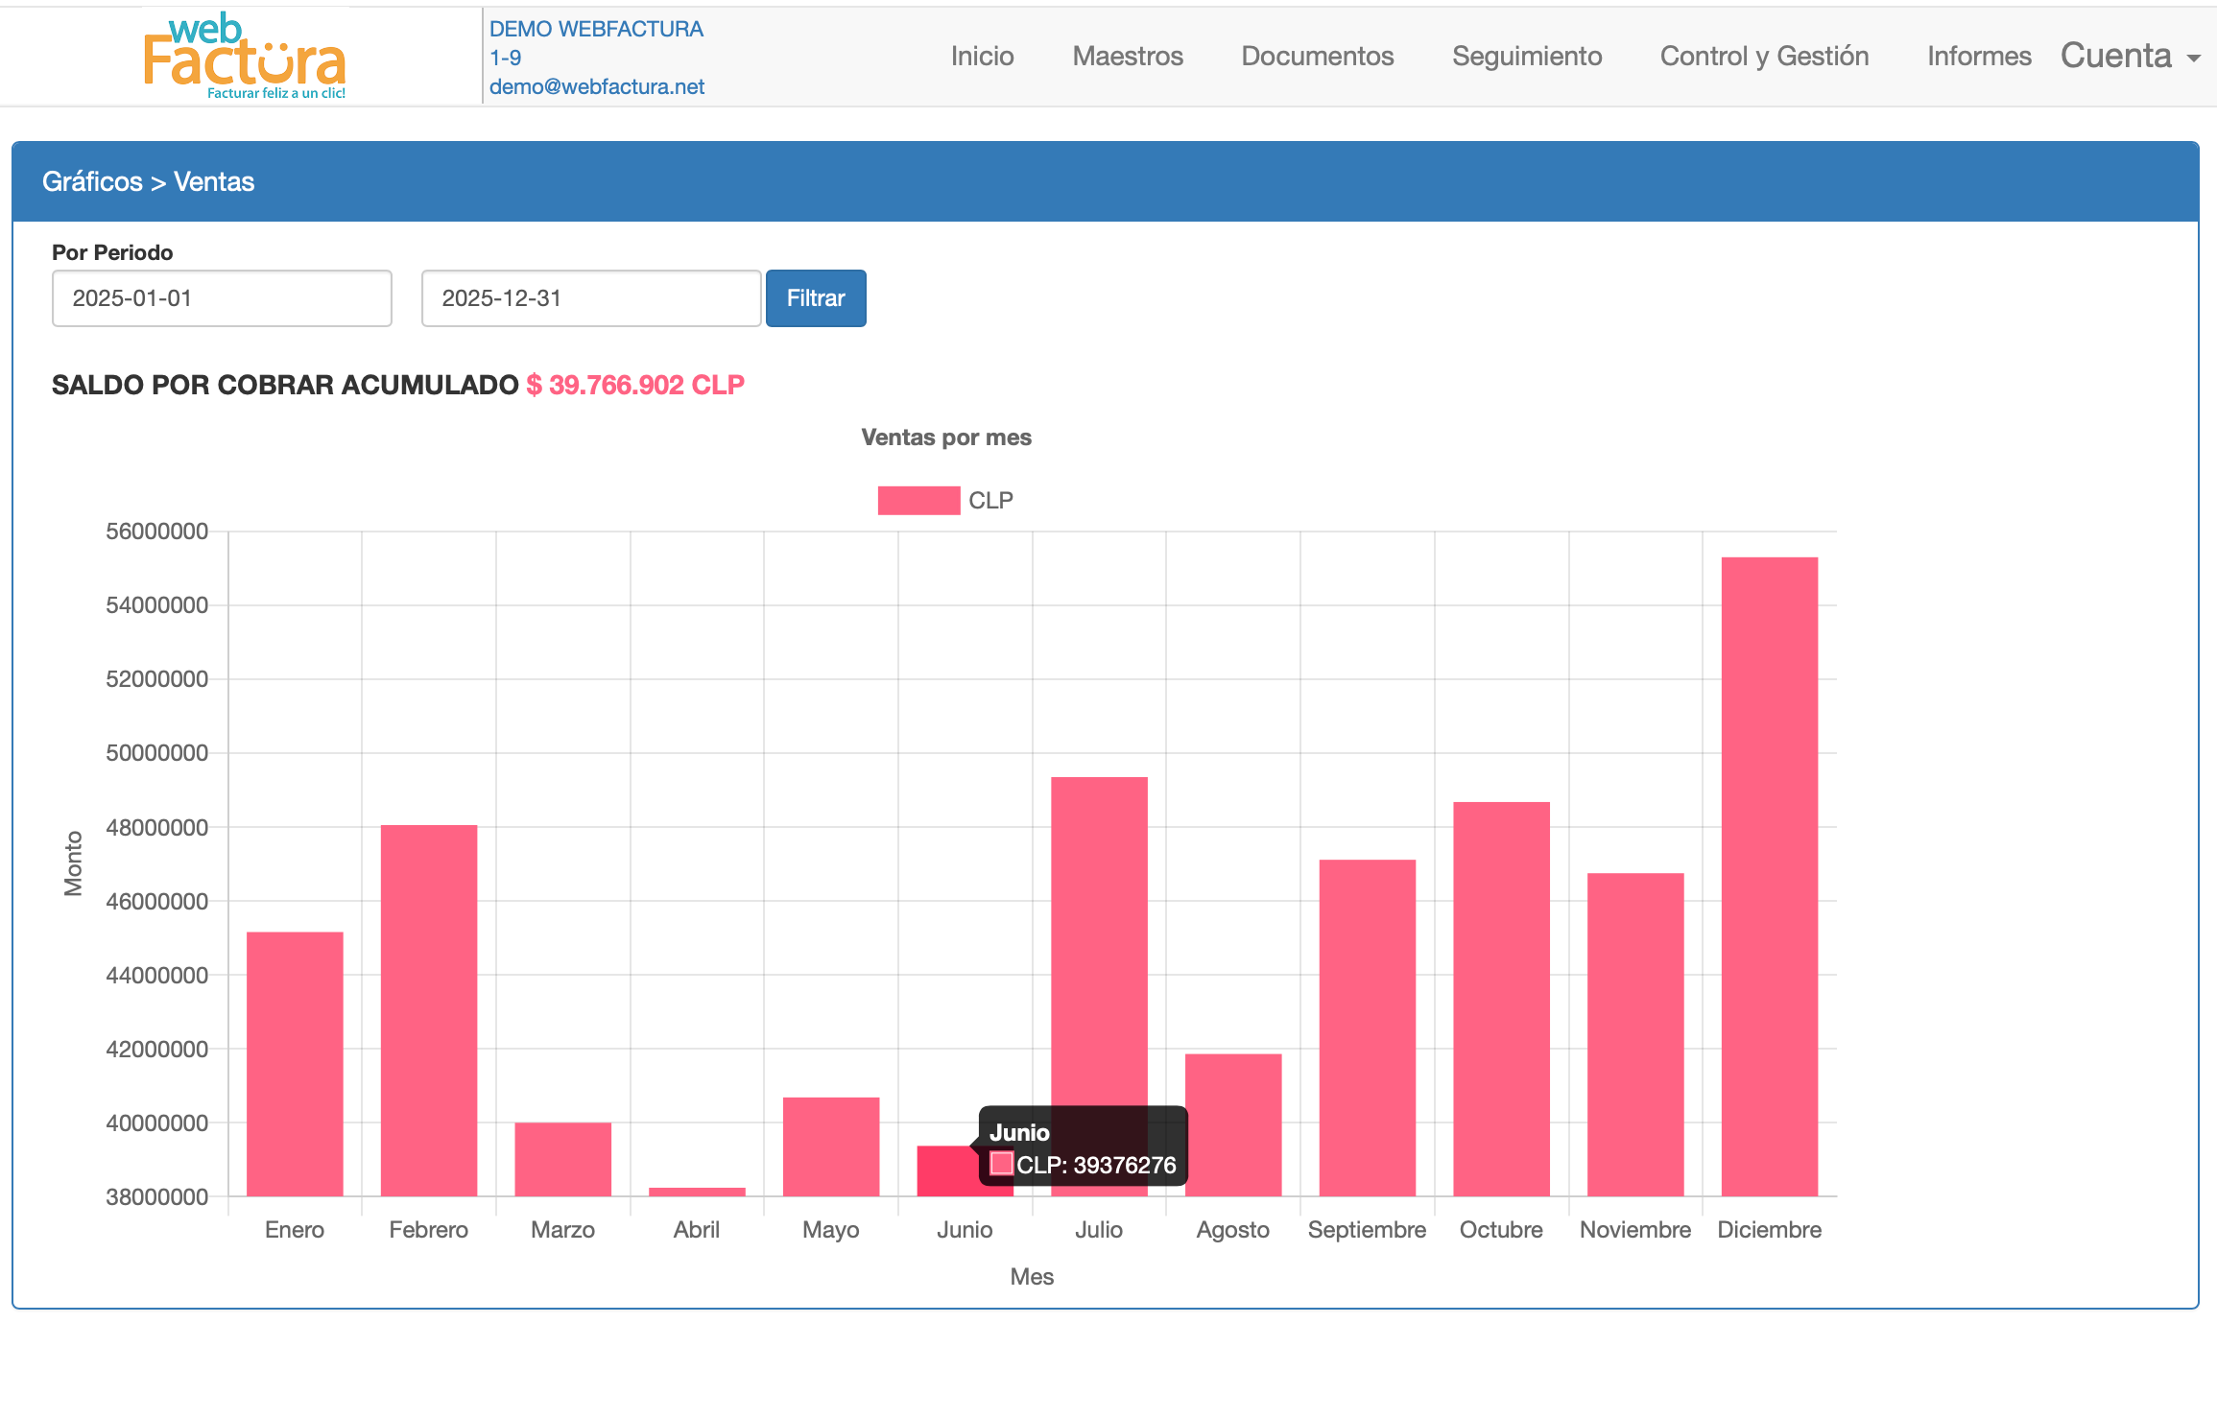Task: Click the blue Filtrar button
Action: (815, 298)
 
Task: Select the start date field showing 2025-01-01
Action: (222, 298)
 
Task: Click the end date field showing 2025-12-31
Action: (590, 298)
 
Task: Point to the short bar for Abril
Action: (697, 1192)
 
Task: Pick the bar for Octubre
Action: (1501, 998)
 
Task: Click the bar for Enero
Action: (295, 1063)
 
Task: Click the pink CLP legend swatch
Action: (918, 501)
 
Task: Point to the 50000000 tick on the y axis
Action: (156, 753)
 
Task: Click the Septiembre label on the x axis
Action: (1367, 1230)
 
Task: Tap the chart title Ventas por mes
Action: (946, 437)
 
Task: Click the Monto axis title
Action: (73, 863)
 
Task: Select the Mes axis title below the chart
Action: (1032, 1277)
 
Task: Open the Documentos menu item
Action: (1317, 56)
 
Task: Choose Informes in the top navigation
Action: (1979, 56)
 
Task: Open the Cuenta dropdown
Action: (2130, 56)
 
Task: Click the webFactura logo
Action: (245, 56)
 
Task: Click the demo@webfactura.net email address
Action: (597, 86)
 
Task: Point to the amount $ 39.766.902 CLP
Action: (635, 385)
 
